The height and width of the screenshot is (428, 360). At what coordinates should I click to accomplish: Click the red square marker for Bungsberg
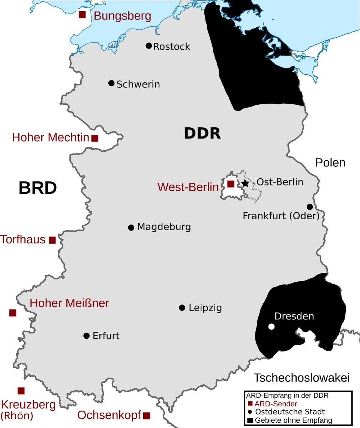82,15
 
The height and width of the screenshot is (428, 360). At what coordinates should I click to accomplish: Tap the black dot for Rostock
148,46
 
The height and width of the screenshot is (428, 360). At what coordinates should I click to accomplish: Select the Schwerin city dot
111,83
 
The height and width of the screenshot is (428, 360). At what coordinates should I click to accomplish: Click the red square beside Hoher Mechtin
95,138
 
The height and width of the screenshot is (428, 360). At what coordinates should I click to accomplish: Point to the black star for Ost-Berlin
245,183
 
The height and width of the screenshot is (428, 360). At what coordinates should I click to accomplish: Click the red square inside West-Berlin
231,184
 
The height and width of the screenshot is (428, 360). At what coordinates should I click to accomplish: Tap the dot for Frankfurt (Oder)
310,207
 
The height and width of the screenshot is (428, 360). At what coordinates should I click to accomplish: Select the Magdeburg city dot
131,228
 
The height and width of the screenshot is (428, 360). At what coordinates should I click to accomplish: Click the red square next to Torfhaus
52,240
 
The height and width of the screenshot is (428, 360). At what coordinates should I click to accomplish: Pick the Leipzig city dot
182,308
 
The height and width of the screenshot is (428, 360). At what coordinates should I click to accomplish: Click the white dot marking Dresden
271,327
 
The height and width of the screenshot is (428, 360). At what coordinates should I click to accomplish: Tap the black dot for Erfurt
86,336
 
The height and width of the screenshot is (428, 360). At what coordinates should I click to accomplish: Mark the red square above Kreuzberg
21,390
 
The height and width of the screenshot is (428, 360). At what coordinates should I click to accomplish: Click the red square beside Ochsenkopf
147,416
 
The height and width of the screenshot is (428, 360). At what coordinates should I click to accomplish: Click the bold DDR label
202,133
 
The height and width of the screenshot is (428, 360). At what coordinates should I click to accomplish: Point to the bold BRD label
37,188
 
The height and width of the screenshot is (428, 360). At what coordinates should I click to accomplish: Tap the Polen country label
330,163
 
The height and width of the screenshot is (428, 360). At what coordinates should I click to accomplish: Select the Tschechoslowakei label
301,378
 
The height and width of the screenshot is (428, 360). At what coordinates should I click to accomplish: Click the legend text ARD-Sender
276,404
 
